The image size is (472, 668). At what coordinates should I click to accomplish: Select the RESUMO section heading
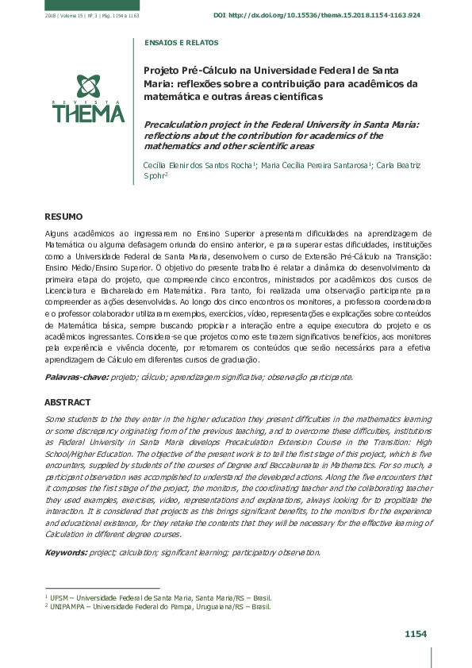(63, 216)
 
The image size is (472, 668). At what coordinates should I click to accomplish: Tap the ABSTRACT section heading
(67, 402)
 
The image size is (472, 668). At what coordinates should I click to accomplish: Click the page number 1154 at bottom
(416, 634)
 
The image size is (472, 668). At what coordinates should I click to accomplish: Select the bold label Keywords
(66, 551)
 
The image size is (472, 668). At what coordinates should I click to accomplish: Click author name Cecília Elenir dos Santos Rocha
(198, 165)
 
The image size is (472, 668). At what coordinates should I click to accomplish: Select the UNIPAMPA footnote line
(157, 606)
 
